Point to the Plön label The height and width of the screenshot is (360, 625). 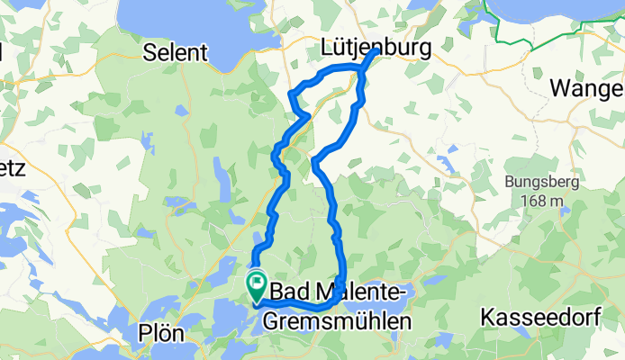click(x=162, y=334)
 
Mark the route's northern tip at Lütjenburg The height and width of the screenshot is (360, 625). click(x=373, y=50)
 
